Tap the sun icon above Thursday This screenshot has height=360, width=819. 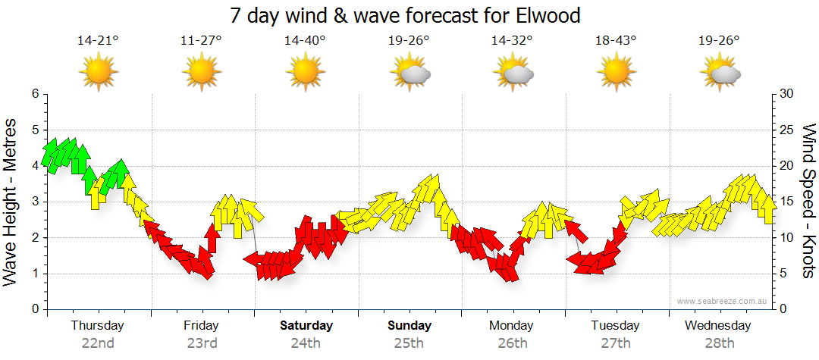[x=99, y=72]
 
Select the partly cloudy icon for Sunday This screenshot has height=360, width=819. [x=409, y=72]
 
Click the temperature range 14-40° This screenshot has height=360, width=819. [x=305, y=41]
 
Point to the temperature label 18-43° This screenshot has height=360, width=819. [x=616, y=41]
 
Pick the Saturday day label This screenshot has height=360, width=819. [x=306, y=326]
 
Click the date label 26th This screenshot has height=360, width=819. [x=513, y=343]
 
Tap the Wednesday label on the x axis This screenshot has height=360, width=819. [x=717, y=326]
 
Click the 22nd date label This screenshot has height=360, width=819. [x=98, y=343]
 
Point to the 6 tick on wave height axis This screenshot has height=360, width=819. [x=34, y=94]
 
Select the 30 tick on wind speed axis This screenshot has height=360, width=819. [x=787, y=94]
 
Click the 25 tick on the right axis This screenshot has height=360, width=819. [x=787, y=130]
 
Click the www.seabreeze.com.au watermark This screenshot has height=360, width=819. [x=722, y=301]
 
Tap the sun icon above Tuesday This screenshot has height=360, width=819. [x=616, y=72]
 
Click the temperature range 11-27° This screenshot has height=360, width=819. [x=201, y=41]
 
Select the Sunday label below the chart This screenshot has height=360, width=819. [x=409, y=326]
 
